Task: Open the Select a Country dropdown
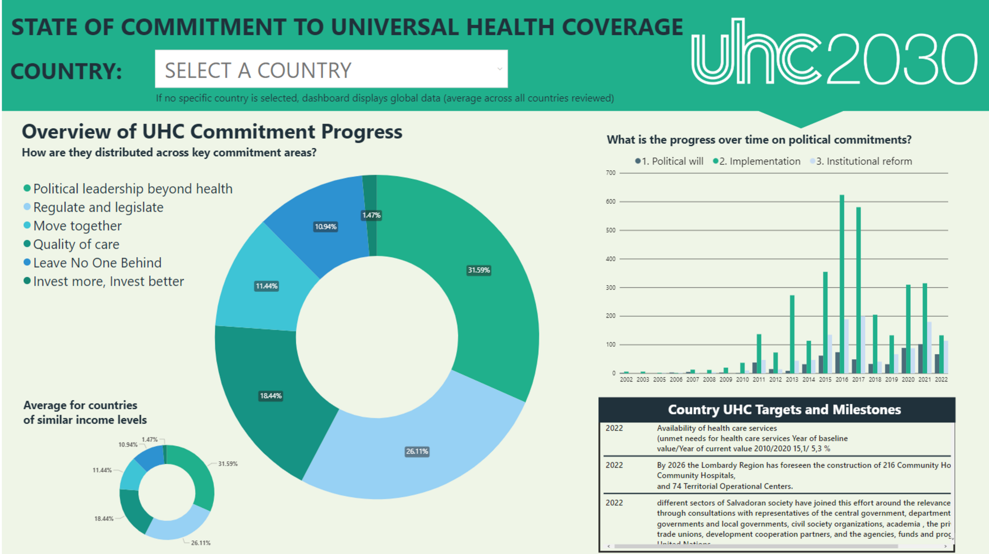(331, 69)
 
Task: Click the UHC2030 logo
(834, 52)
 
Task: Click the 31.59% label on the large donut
(479, 270)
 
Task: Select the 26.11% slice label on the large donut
(417, 451)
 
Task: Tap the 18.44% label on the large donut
(270, 396)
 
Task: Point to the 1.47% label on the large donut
(371, 215)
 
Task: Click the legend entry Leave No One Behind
(97, 263)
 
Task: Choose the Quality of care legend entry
(76, 244)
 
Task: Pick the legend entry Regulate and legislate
(98, 207)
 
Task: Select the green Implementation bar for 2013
(792, 334)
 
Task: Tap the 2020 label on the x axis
(908, 380)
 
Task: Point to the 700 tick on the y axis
(611, 173)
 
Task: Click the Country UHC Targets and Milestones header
(784, 410)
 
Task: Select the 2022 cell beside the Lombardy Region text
(614, 465)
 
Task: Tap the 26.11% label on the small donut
(201, 543)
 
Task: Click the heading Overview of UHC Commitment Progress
(212, 132)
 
